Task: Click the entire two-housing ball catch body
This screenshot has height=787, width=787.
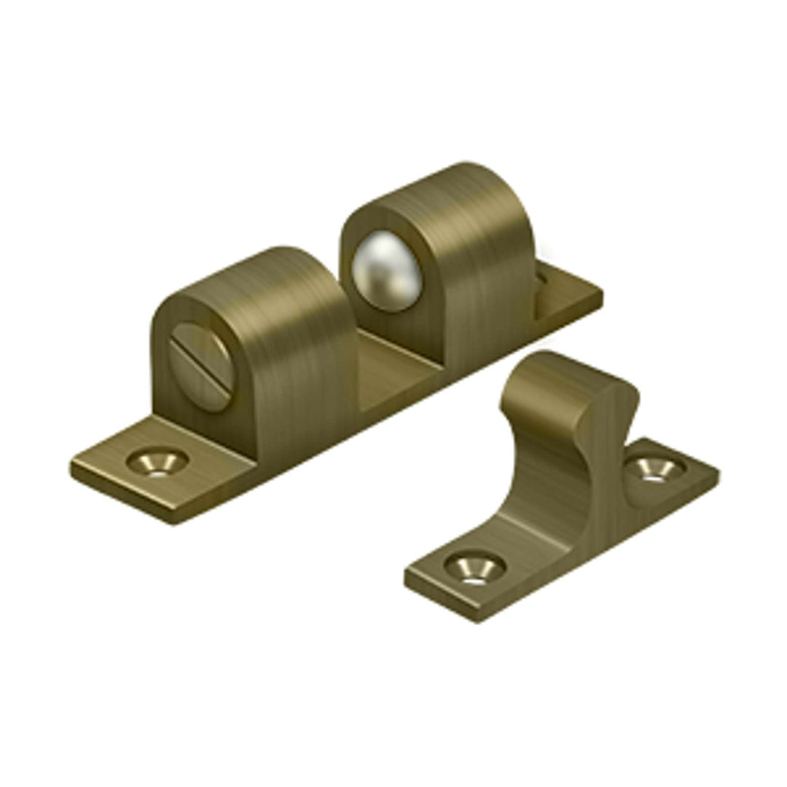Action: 335,342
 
